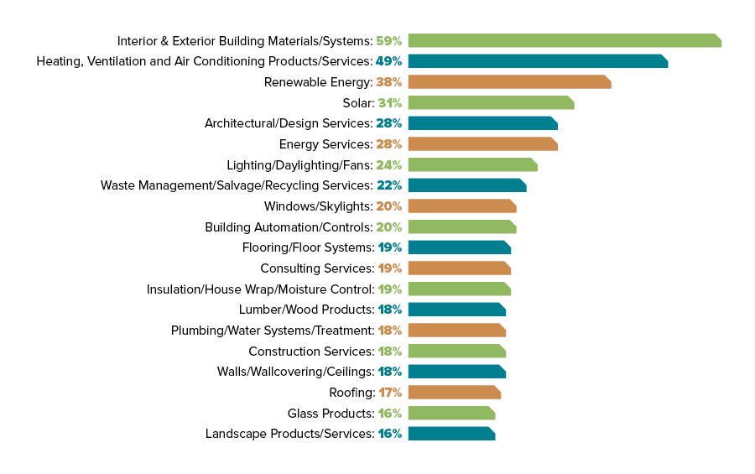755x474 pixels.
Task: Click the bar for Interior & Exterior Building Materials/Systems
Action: (x=564, y=40)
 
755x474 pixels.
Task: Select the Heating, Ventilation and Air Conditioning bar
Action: (x=537, y=61)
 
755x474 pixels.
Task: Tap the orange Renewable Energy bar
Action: (x=509, y=82)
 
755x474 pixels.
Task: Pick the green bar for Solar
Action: (x=491, y=102)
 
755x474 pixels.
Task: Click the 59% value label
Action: (x=388, y=40)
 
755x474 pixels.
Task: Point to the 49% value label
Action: (x=388, y=61)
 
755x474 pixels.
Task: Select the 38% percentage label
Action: (x=388, y=82)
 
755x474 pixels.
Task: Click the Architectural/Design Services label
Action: (x=288, y=123)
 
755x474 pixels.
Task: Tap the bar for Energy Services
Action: (x=482, y=144)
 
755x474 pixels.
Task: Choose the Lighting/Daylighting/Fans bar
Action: (x=472, y=164)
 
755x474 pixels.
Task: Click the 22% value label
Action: (x=388, y=185)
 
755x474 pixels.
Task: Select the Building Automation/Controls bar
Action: (x=461, y=227)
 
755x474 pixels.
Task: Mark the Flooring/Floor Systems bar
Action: (x=459, y=247)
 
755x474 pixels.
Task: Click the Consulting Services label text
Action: (x=316, y=268)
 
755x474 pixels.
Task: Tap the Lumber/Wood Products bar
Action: (x=456, y=310)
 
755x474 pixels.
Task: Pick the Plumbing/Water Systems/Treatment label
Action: (x=272, y=331)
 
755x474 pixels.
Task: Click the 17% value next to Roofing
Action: (x=390, y=393)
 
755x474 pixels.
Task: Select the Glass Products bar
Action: (x=451, y=413)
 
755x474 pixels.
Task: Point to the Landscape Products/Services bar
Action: (x=451, y=434)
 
